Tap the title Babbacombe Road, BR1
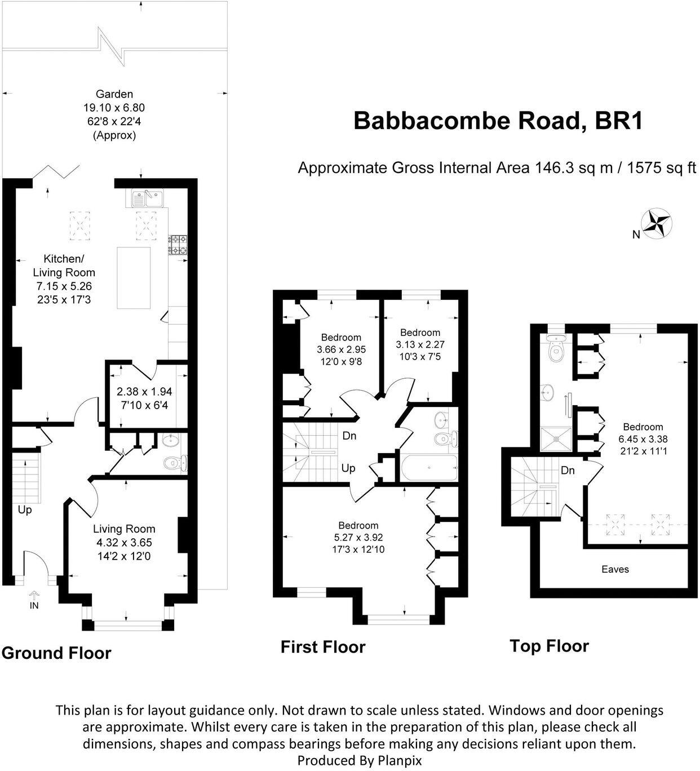tap(498, 121)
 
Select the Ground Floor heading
tap(56, 653)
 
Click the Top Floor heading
tap(549, 646)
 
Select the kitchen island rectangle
tap(134, 278)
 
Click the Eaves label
tap(615, 569)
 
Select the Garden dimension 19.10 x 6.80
tap(114, 108)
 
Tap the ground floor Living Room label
tap(124, 529)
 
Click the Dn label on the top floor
tap(567, 470)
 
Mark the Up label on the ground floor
tap(25, 509)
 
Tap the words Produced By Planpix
tap(359, 760)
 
